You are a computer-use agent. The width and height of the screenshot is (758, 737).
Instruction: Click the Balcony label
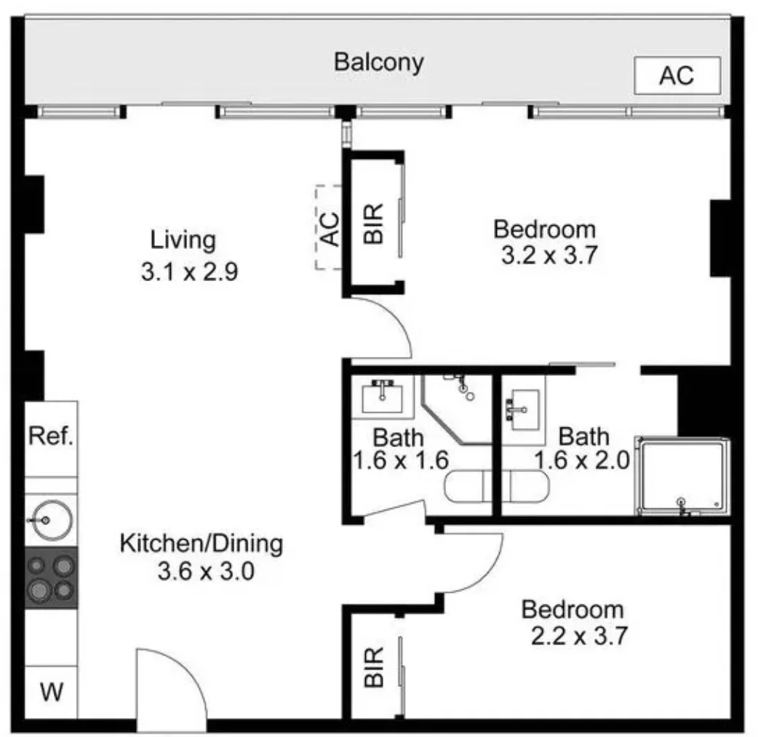click(x=379, y=63)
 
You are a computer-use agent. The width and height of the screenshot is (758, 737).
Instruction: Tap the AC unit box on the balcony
click(x=677, y=76)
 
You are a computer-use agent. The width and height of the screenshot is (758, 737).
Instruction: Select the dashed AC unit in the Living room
click(x=330, y=227)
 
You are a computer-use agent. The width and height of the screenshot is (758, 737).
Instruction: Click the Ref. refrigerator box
click(x=51, y=438)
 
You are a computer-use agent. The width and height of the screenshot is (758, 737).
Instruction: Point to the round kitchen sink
click(x=49, y=520)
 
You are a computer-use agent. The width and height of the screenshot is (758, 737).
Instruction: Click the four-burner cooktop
click(x=51, y=578)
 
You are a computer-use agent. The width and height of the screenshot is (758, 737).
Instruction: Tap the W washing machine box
click(x=51, y=692)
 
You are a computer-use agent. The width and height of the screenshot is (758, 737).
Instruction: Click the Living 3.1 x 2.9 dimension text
click(x=189, y=272)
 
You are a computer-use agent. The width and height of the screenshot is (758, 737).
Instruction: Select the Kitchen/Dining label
click(x=201, y=544)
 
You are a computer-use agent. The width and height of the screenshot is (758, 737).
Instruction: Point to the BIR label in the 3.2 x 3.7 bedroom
click(x=374, y=224)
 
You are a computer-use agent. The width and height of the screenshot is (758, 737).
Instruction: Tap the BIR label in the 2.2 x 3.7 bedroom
click(x=374, y=667)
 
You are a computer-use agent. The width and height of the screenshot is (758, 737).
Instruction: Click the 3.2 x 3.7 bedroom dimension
click(x=550, y=255)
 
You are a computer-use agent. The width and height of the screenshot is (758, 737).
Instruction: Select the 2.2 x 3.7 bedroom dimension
click(x=579, y=635)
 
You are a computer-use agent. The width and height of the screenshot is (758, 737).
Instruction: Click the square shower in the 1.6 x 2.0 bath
click(x=683, y=476)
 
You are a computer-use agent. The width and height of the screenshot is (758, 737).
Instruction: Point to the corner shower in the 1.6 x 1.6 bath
click(x=456, y=409)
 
